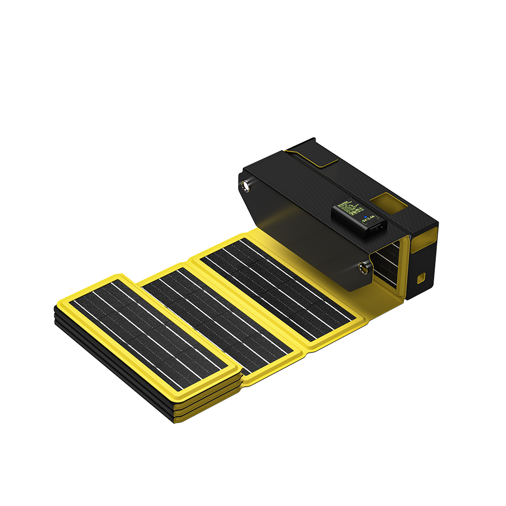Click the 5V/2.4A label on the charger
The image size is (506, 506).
pyautogui.click(x=370, y=219)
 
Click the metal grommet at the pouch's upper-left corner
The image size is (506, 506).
pyautogui.click(x=246, y=186)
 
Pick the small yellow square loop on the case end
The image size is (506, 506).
pyautogui.click(x=421, y=278)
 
